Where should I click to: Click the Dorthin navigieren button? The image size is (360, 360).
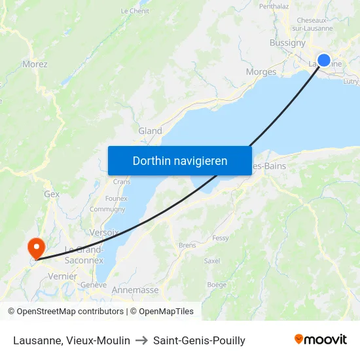[179, 160]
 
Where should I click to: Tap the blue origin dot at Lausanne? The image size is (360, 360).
[323, 60]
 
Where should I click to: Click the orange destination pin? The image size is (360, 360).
[35, 247]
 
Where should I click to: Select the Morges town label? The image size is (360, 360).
[261, 72]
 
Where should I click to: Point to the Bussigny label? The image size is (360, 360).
[287, 43]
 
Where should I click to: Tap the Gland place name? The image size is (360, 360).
[150, 131]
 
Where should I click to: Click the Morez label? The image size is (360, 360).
[35, 64]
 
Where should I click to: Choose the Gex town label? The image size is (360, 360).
[52, 194]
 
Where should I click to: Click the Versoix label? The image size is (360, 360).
[104, 232]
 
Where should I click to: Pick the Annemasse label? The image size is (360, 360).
[135, 290]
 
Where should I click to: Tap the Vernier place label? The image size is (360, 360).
[63, 277]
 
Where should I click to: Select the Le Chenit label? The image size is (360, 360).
[135, 11]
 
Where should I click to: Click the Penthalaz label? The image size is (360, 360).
[274, 6]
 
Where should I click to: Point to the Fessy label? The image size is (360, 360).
[221, 238]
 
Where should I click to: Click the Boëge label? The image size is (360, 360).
[217, 285]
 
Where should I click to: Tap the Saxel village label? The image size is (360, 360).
[212, 261]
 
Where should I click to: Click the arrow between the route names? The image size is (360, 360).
[141, 340]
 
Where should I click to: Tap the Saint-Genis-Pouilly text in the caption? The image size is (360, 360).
[199, 340]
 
